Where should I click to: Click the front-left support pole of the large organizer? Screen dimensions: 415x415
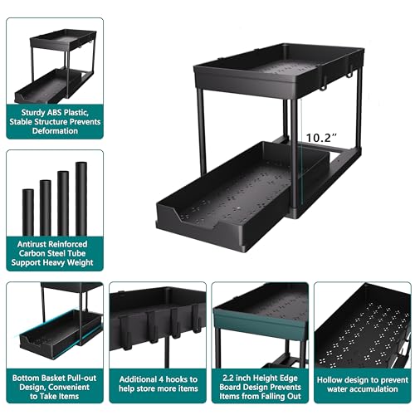202,124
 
